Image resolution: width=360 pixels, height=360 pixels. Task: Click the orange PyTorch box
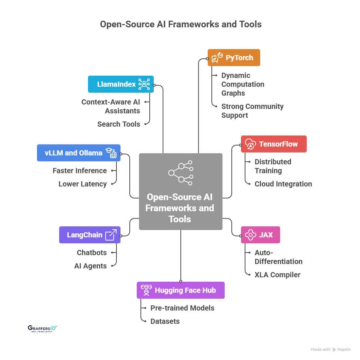pos(234,58)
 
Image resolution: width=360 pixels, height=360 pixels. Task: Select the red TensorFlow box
pos(274,144)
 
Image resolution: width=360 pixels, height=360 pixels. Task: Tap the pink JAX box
pos(260,235)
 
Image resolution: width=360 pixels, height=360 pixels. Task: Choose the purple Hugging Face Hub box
pos(180,290)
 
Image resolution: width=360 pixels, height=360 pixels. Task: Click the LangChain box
pos(90,235)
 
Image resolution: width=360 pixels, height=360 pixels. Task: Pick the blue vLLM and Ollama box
pos(78,153)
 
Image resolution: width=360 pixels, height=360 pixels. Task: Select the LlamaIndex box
pos(120,84)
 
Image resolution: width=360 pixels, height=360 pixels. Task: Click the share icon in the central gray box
pos(180,172)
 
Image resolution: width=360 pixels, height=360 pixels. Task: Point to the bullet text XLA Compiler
pos(277,275)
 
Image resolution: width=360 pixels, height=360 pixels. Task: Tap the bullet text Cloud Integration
pos(283,184)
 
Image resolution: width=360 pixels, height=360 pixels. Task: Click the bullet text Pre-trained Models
pos(182,308)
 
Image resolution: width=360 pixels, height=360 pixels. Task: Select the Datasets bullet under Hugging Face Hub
pos(165,321)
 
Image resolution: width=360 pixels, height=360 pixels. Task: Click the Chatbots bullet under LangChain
pos(92,253)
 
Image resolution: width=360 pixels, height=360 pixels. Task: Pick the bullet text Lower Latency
pos(82,184)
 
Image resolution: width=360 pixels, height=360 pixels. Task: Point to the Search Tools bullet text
pos(119,124)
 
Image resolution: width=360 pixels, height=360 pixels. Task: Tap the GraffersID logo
pos(42,329)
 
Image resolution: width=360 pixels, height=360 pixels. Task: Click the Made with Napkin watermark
pos(331,349)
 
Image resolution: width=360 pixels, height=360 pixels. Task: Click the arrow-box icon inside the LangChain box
pos(111,235)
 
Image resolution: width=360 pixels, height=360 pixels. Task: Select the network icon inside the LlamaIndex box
pos(144,84)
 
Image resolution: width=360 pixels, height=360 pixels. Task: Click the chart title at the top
pos(180,24)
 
